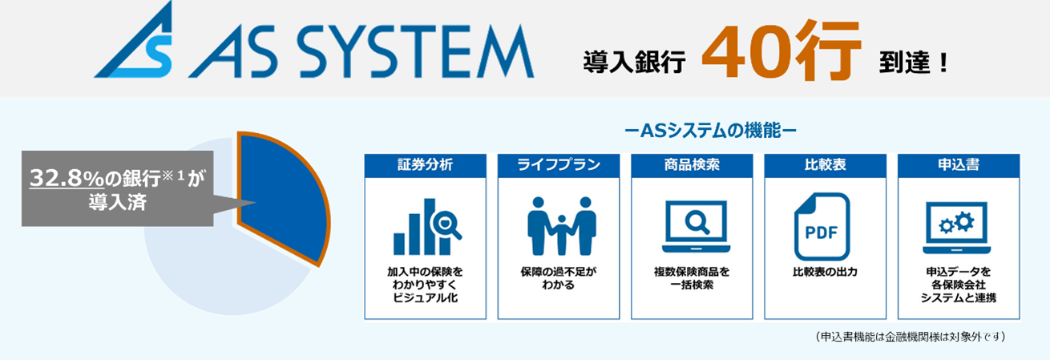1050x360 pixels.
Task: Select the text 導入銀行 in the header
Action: point(634,63)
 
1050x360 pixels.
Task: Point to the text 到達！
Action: point(913,63)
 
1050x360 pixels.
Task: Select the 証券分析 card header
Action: point(425,164)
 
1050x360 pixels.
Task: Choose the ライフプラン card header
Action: point(559,164)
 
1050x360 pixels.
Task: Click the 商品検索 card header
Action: point(692,164)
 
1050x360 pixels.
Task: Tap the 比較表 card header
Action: point(825,164)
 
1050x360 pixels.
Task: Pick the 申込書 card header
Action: point(959,164)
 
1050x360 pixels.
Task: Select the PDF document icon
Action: point(822,227)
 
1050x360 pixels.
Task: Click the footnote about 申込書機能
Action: point(909,335)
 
